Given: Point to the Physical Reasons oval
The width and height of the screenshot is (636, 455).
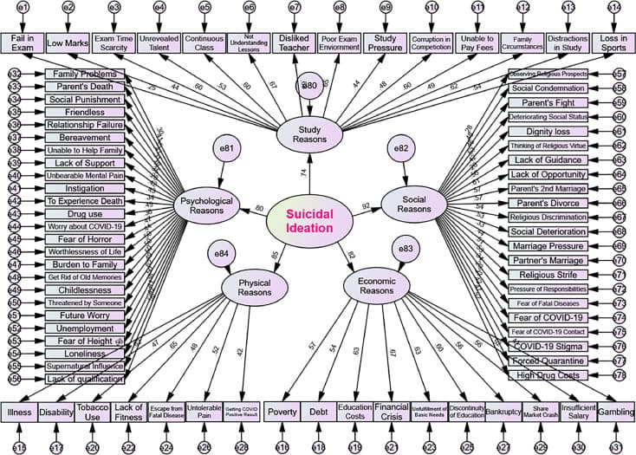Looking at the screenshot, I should coord(254,286).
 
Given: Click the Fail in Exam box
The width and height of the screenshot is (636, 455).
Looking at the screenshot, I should coord(21,42).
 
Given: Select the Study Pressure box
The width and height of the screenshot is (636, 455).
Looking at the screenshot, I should coord(385,42).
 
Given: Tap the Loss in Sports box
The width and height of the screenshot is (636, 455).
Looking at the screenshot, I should coord(613,42).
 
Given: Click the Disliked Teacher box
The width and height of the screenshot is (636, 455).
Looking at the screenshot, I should coord(295,42).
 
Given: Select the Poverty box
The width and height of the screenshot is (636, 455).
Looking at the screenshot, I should coord(283,412).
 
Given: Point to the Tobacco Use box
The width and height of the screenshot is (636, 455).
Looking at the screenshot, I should coord(93,412).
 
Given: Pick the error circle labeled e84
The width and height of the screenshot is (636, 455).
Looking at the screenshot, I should coord(221,254).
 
